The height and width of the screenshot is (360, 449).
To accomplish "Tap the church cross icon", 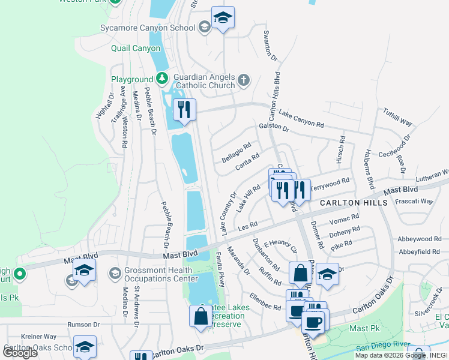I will [x=243, y=80].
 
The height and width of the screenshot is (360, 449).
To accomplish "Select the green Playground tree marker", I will [x=161, y=79].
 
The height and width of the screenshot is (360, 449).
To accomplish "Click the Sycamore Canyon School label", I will [x=154, y=28].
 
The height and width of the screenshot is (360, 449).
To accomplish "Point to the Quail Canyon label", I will [x=136, y=49].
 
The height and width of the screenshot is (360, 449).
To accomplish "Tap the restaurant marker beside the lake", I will [x=185, y=110].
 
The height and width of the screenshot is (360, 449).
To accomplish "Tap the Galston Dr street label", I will [x=274, y=128].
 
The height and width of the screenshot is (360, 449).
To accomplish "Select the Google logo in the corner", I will [x=20, y=353].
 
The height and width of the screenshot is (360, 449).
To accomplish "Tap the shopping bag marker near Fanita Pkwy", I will [x=200, y=316].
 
